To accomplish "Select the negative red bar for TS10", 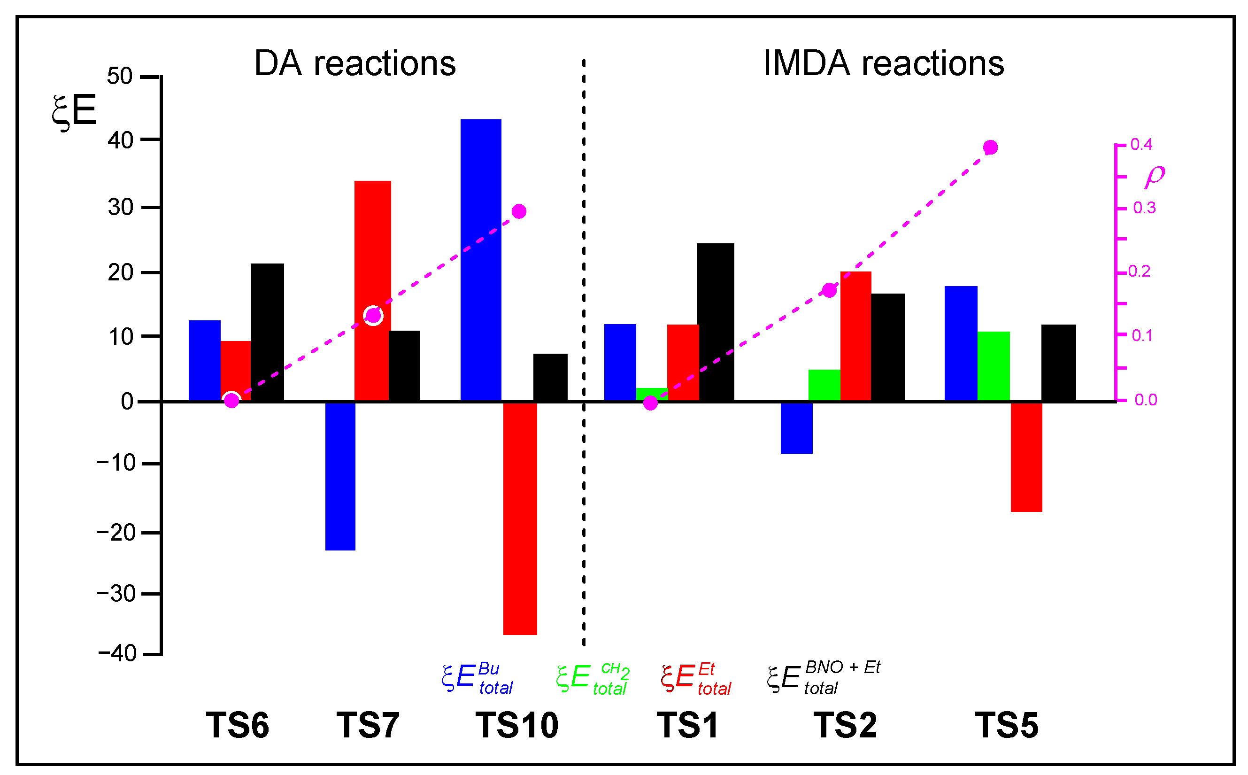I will (x=520, y=518).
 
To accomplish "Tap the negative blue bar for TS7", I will (x=340, y=476).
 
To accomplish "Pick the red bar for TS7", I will (x=372, y=246).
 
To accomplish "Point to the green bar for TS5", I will (x=994, y=366).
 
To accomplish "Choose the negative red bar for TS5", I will (x=1026, y=457).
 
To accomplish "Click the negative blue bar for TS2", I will (x=797, y=427).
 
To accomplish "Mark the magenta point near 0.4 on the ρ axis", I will (x=990, y=147).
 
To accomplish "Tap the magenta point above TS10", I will (x=519, y=211).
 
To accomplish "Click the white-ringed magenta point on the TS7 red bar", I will (x=373, y=315).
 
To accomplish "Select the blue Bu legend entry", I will (x=477, y=678).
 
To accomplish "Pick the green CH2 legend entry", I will (x=592, y=678).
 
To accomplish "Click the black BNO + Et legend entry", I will (x=823, y=678).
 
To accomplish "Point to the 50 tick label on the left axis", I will (x=120, y=77).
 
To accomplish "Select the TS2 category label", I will (x=845, y=725).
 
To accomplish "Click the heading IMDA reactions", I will (x=883, y=63).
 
